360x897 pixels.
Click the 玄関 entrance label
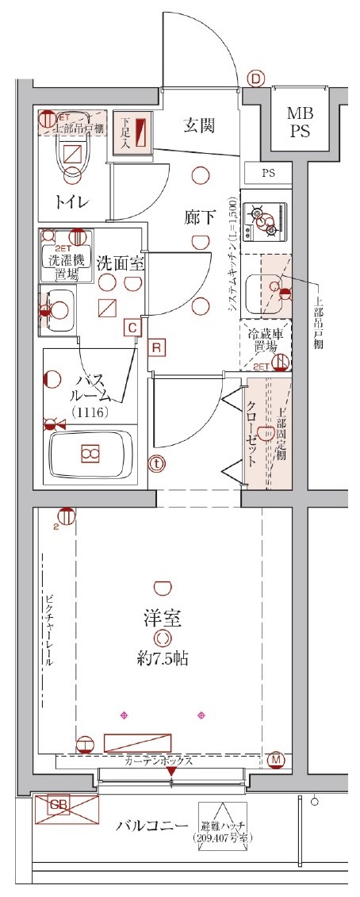pyautogui.click(x=199, y=125)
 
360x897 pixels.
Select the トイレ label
pyautogui.click(x=71, y=201)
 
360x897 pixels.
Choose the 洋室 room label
pyautogui.click(x=163, y=619)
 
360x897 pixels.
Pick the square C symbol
pyautogui.click(x=132, y=326)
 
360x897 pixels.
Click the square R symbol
pyautogui.click(x=157, y=347)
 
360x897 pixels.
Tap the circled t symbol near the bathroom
pyautogui.click(x=157, y=463)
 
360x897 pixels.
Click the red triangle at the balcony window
pyautogui.click(x=171, y=784)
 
